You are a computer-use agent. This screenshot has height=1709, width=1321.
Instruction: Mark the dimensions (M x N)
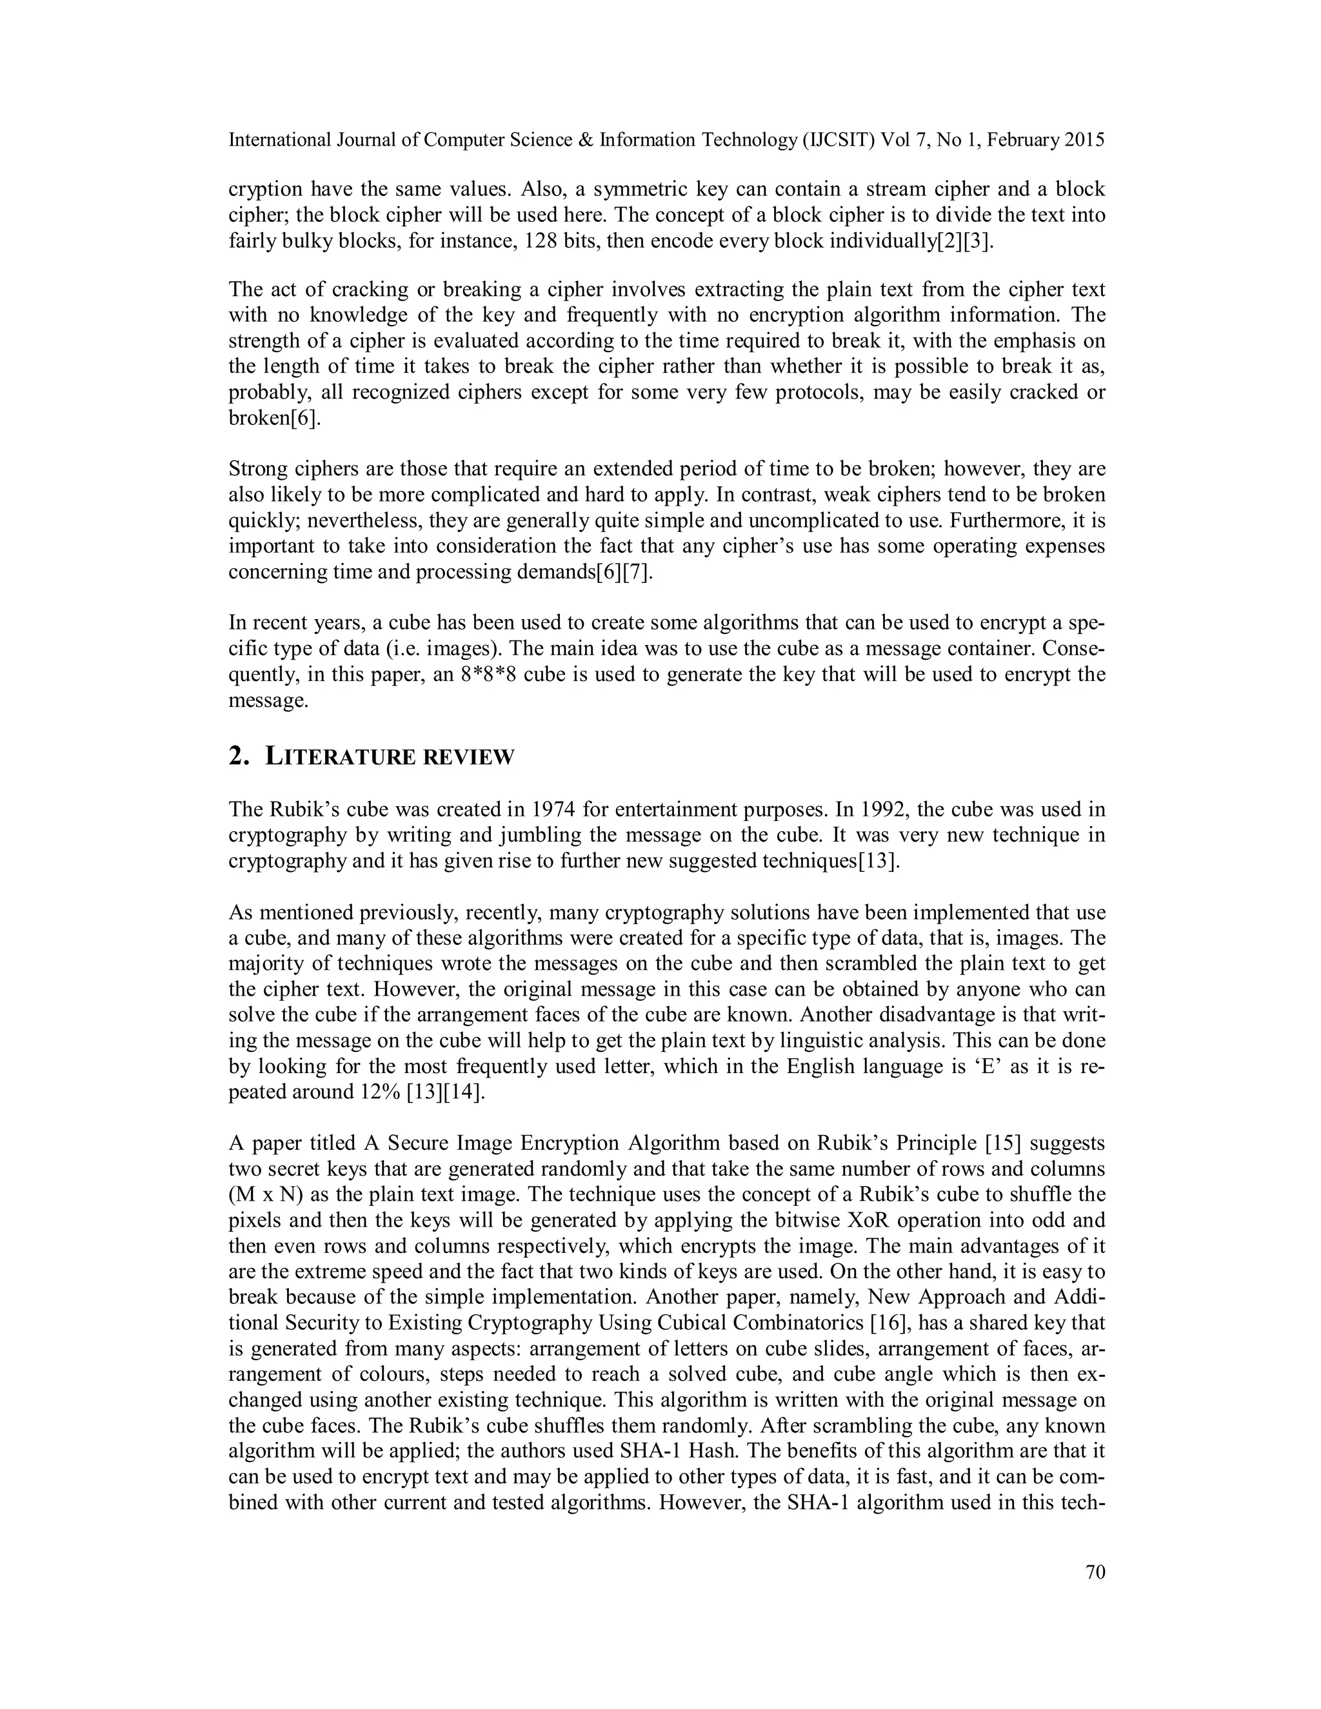tap(265, 1195)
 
